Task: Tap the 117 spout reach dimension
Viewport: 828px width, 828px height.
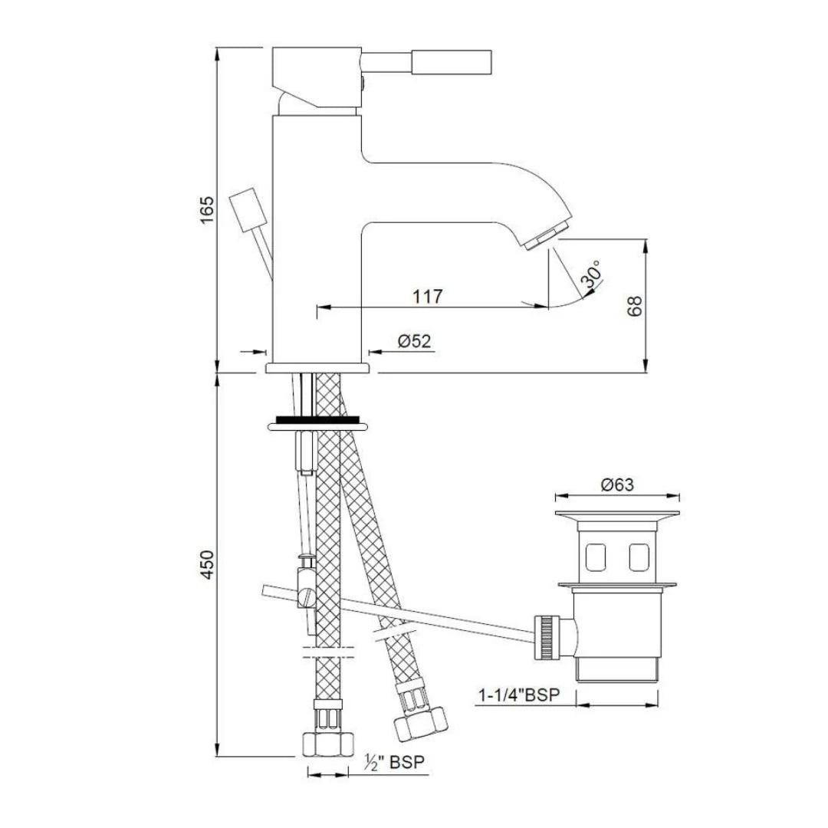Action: (427, 296)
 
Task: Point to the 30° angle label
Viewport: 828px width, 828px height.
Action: (592, 277)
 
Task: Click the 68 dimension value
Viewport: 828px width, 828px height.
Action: (634, 305)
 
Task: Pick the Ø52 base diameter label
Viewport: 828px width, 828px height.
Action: (414, 342)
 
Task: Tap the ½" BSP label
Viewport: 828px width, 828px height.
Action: (395, 763)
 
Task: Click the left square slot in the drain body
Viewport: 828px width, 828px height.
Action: (593, 557)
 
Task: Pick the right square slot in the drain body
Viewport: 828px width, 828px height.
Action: (639, 557)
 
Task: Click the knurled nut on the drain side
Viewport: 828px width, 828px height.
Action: (548, 636)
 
